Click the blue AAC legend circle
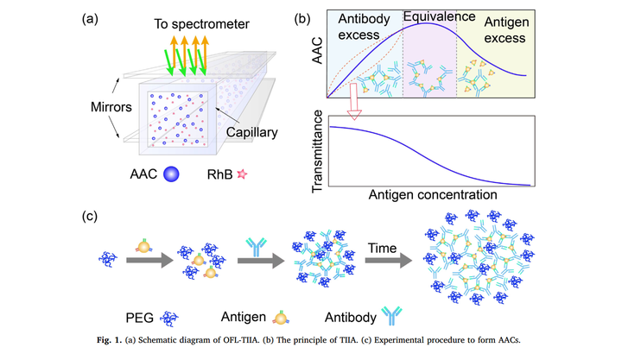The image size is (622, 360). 172,174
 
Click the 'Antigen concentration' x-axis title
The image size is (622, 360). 431,196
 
